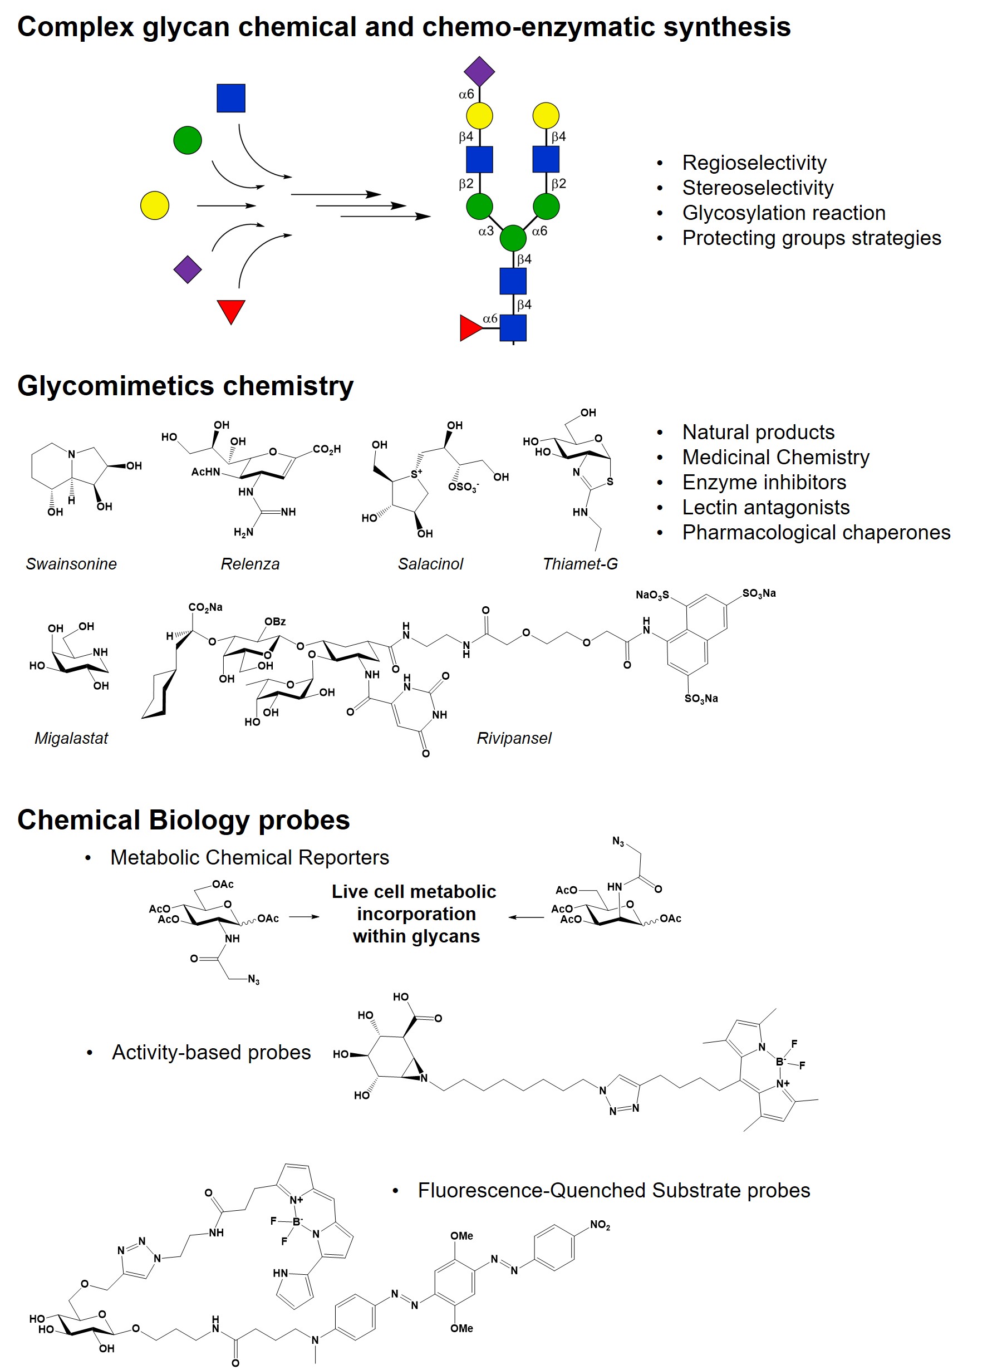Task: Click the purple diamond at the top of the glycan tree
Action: click(x=479, y=72)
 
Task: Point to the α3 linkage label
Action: click(x=486, y=231)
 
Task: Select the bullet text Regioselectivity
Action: click(x=754, y=163)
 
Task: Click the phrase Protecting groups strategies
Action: click(x=811, y=238)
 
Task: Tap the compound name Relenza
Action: click(x=250, y=564)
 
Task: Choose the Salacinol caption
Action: click(x=430, y=564)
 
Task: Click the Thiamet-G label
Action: click(x=580, y=564)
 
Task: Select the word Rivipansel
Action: click(x=514, y=738)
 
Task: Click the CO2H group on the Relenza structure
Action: click(x=326, y=449)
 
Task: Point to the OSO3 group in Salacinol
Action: click(x=463, y=487)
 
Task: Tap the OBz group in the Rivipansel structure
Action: click(x=275, y=622)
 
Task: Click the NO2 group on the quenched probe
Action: click(x=600, y=1225)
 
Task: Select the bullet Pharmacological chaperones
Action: click(x=816, y=533)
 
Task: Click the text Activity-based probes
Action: click(x=211, y=1052)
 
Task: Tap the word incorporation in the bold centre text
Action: click(x=416, y=914)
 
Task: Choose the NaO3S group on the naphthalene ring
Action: click(x=652, y=595)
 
